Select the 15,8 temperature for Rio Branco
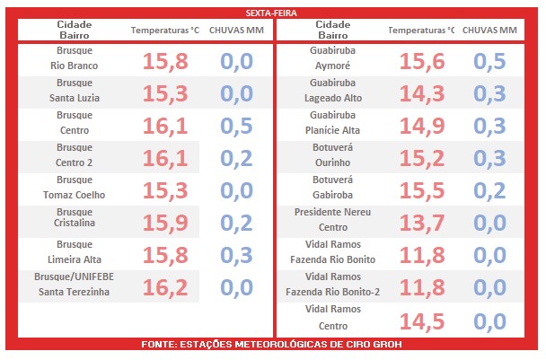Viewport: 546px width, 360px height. pyautogui.click(x=165, y=61)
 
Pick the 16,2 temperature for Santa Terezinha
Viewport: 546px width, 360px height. pyautogui.click(x=165, y=286)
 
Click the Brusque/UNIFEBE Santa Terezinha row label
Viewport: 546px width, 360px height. pyautogui.click(x=73, y=285)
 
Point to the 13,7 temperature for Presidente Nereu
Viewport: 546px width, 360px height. pyautogui.click(x=422, y=222)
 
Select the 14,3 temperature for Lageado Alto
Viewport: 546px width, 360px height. pyautogui.click(x=422, y=93)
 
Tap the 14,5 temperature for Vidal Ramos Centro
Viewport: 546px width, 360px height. pyautogui.click(x=422, y=320)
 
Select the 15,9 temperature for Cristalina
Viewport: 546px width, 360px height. pyautogui.click(x=165, y=222)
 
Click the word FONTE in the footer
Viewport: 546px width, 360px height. pyautogui.click(x=162, y=345)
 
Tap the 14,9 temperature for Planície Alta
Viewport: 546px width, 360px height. pyautogui.click(x=422, y=126)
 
